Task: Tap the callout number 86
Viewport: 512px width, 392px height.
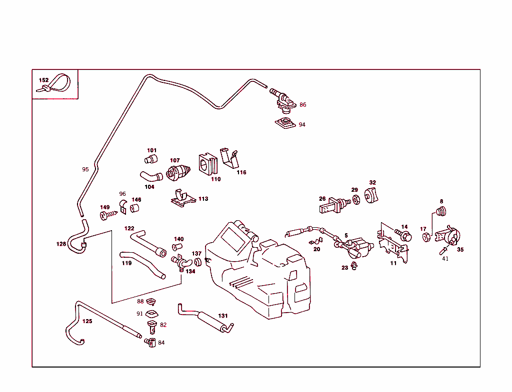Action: coord(302,105)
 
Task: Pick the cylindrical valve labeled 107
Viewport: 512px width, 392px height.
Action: coord(177,173)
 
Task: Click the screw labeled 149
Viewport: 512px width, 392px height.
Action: coord(108,215)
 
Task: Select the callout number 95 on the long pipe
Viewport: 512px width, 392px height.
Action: coord(85,169)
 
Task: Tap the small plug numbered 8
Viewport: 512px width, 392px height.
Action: coord(440,212)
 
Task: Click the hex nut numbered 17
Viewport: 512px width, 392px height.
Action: coord(426,237)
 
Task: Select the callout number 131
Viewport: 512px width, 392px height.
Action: coord(222,316)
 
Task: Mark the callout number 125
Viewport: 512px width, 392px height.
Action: coord(87,321)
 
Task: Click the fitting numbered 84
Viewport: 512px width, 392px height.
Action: coord(150,343)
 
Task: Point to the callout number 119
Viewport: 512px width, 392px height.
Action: coord(127,263)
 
